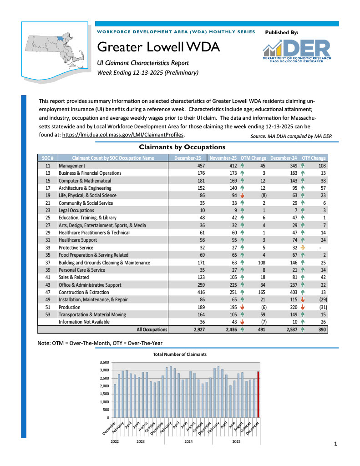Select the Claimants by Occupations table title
pos(182,147)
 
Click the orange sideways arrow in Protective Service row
pos(303,248)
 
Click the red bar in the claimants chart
pos(258,394)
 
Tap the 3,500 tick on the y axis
pos(104,362)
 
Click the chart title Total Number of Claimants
pos(179,354)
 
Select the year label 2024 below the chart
pos(188,441)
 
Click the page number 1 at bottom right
pos(335,443)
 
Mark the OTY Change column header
pos(314,158)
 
